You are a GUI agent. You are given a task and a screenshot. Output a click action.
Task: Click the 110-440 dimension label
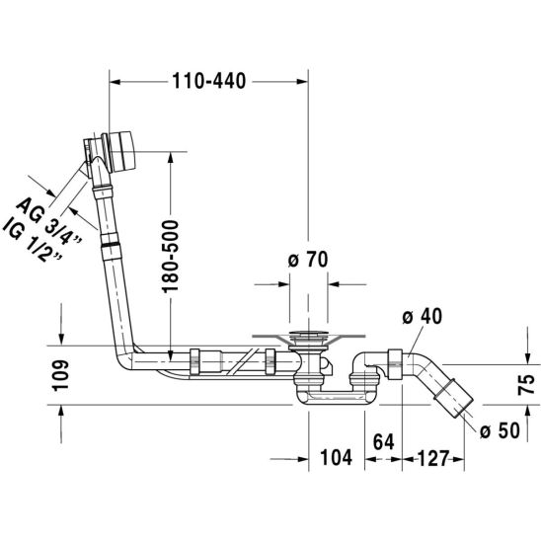tap(208, 81)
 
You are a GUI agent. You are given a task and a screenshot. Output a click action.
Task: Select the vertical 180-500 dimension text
tap(171, 257)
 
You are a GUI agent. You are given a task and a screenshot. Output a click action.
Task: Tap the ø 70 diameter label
tap(308, 260)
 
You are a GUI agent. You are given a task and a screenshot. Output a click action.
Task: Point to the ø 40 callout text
tap(422, 316)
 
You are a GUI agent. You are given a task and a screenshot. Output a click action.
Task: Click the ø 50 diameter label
tap(500, 430)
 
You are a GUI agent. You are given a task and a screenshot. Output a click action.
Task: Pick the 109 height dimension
tap(61, 376)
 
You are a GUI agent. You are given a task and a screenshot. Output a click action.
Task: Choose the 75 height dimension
tap(526, 384)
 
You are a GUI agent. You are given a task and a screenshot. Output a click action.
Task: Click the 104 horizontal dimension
tap(337, 457)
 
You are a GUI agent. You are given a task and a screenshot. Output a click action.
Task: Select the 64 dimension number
tap(384, 441)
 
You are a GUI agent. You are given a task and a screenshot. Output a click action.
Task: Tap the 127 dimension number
tap(433, 458)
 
